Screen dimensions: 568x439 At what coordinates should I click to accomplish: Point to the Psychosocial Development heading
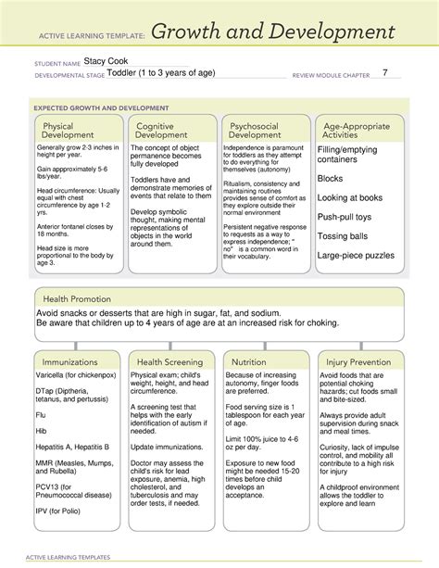click(255, 131)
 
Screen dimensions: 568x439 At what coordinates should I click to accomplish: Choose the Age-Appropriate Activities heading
click(353, 131)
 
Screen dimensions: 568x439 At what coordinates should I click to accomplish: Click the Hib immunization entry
click(42, 432)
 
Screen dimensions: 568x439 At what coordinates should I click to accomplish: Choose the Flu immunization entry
click(42, 416)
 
